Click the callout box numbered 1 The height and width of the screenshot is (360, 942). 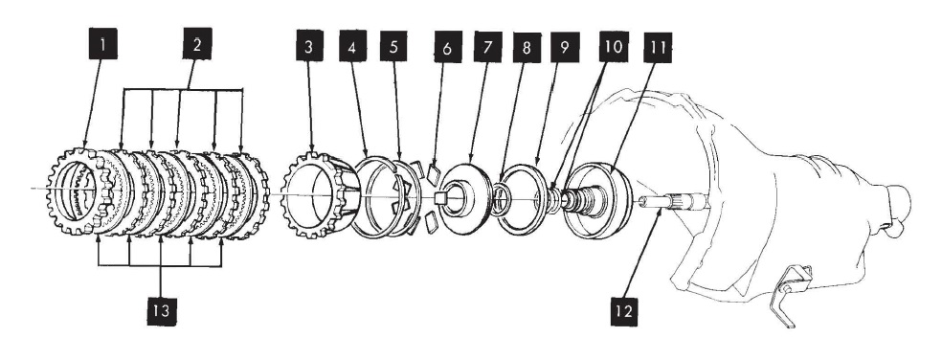click(102, 45)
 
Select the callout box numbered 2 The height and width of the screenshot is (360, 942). click(197, 44)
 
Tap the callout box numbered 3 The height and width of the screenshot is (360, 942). click(309, 46)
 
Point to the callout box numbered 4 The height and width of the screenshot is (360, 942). click(352, 46)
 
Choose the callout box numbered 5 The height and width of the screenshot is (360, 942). click(392, 46)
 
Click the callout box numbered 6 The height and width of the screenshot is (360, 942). click(448, 47)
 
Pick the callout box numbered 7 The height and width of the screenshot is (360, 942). click(487, 47)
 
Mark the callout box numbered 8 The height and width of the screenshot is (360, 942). click(527, 48)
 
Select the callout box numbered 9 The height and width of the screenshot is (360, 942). click(565, 48)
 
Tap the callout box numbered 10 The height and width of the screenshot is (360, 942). click(614, 47)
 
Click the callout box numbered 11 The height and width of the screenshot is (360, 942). click(658, 48)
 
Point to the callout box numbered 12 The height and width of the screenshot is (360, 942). click(625, 311)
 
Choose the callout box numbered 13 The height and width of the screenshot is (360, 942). click(161, 311)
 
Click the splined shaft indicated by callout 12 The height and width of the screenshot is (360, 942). click(673, 201)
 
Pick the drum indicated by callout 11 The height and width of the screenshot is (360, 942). click(596, 196)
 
